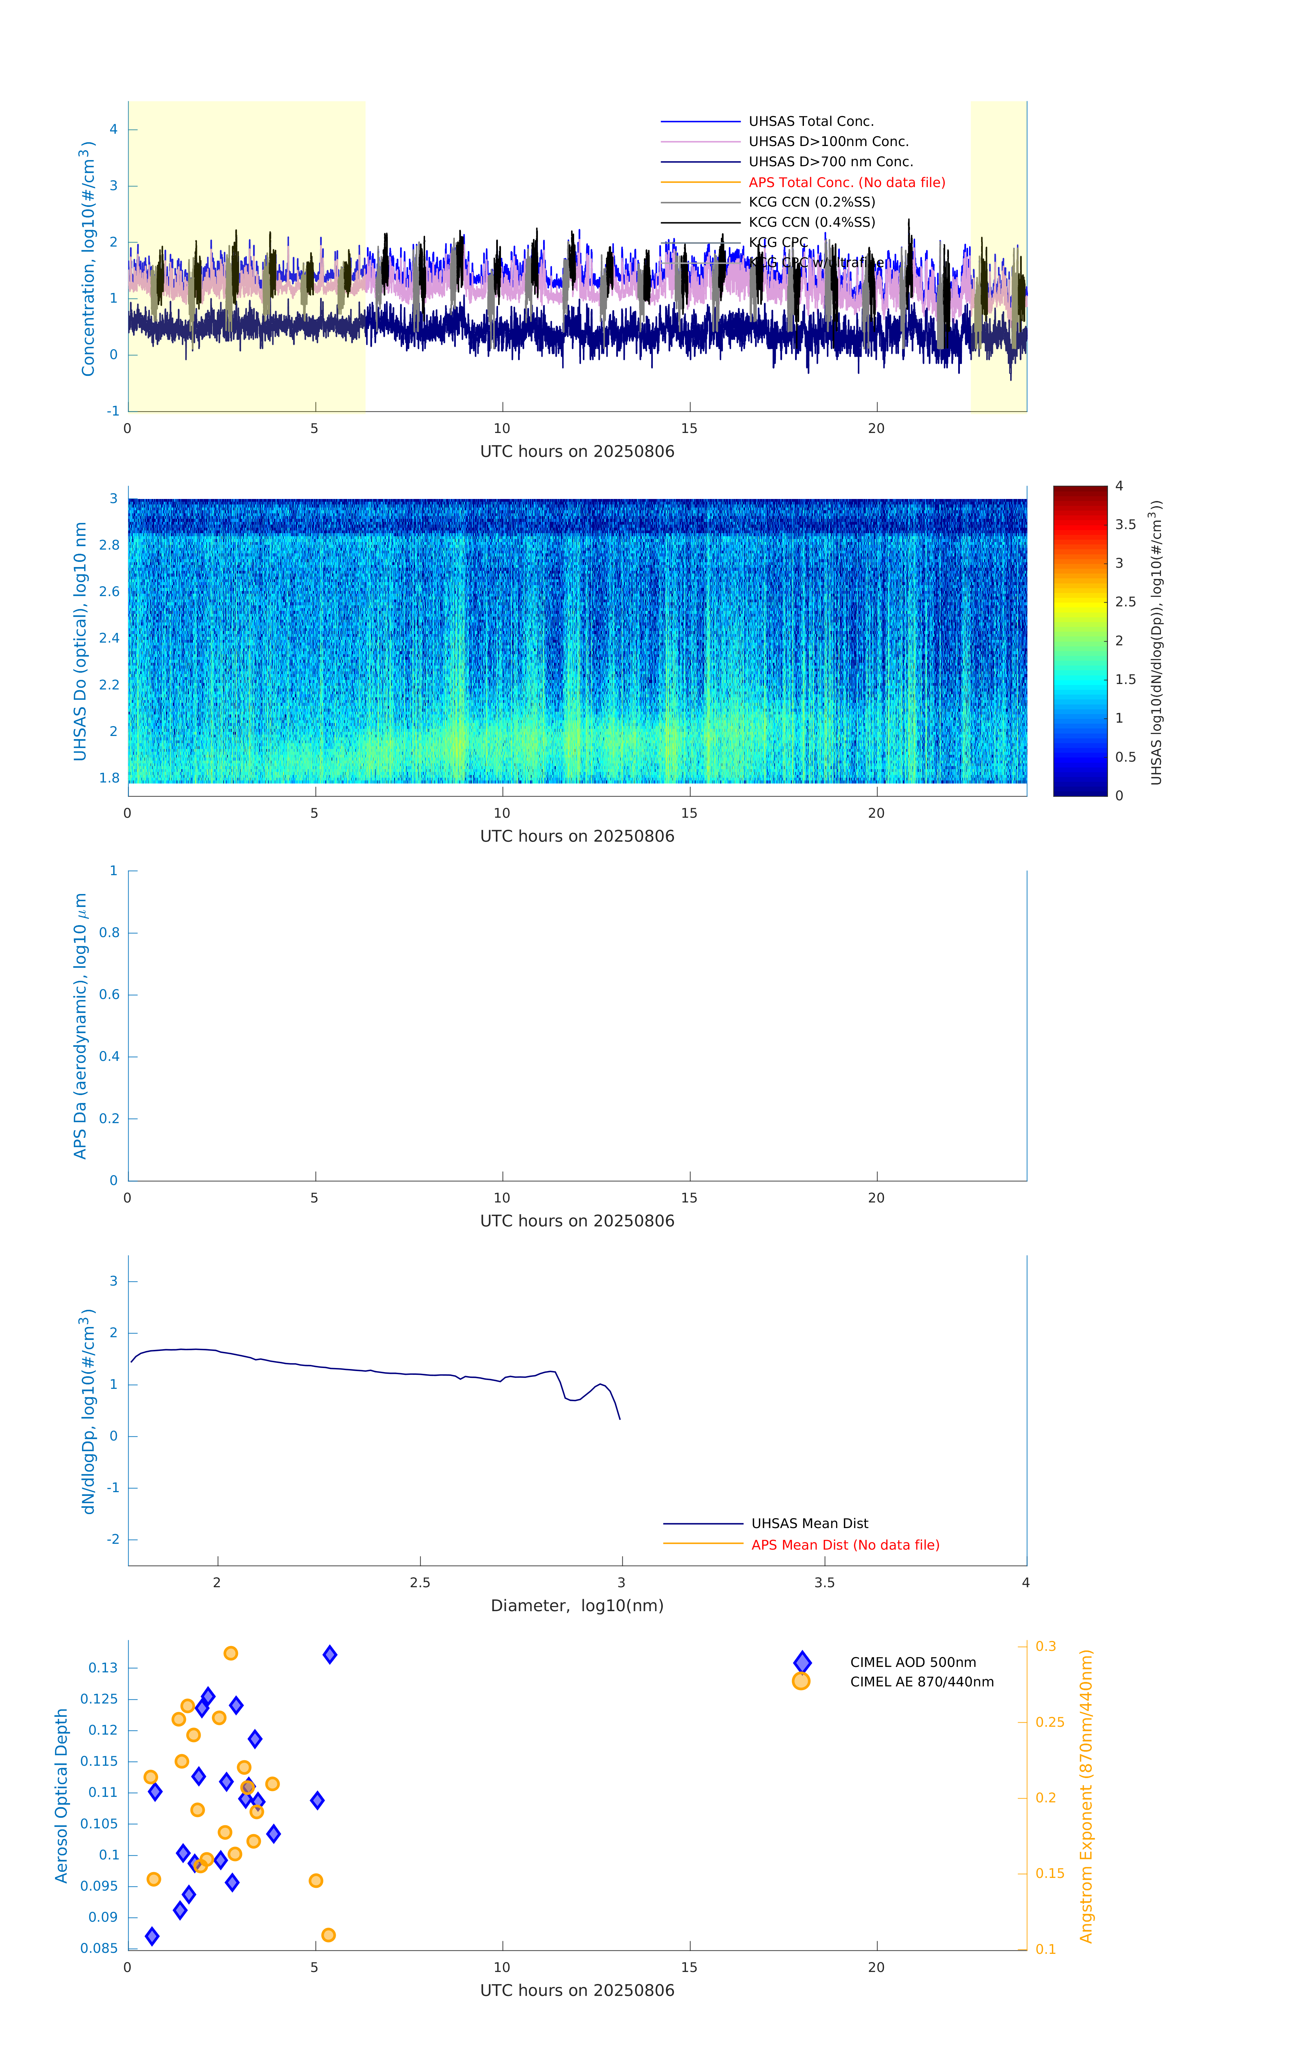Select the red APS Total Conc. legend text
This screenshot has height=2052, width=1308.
(x=846, y=182)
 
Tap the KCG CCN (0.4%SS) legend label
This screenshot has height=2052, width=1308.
(x=811, y=222)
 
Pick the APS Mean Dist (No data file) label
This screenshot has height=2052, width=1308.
(x=844, y=1545)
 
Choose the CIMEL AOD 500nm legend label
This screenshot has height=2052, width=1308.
(x=913, y=1662)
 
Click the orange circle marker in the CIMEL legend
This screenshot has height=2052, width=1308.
(x=801, y=1681)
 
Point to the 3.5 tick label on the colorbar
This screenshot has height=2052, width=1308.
(x=1125, y=525)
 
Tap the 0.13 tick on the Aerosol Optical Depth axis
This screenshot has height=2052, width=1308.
(x=103, y=1668)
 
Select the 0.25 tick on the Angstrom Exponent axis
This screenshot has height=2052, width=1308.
(x=1050, y=1722)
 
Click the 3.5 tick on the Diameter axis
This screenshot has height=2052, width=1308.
(x=824, y=1583)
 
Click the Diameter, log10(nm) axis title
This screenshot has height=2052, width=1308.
(x=577, y=1606)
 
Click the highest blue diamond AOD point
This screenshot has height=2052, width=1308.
(x=330, y=1655)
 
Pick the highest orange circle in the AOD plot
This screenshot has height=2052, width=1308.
(x=231, y=1653)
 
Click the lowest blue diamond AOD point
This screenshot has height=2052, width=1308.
(x=152, y=1936)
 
